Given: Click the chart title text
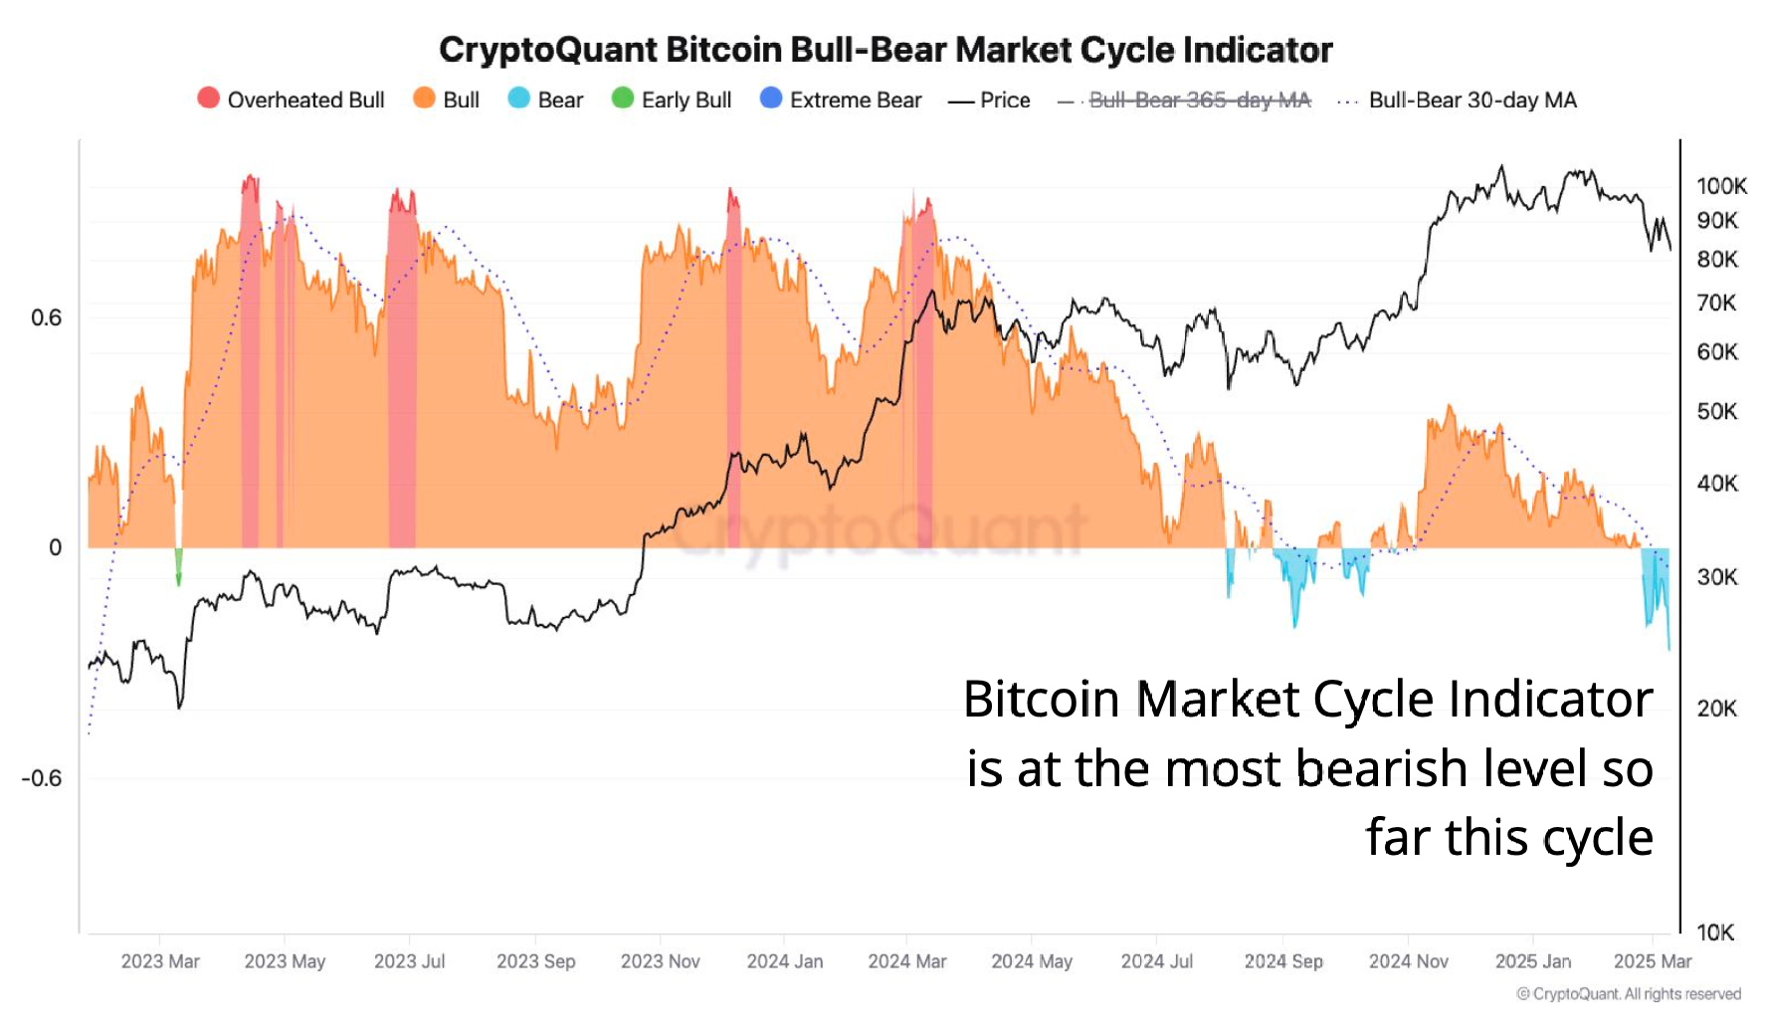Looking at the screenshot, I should [x=884, y=50].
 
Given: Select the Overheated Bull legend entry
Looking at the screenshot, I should [x=291, y=100].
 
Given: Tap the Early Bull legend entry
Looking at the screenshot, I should [x=672, y=100].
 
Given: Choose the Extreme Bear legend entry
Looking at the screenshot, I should [x=841, y=100].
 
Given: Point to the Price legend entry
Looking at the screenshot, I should [x=990, y=100].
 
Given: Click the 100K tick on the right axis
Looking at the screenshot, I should [x=1721, y=186].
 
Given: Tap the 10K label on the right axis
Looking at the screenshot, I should [x=1715, y=932].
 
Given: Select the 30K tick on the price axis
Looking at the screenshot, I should [x=1717, y=577].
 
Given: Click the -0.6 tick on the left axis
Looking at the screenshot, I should [x=41, y=778].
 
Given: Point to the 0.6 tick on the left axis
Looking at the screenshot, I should [x=46, y=317].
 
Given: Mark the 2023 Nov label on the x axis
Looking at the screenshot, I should [x=660, y=961].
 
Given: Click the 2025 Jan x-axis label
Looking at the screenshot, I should [x=1532, y=961].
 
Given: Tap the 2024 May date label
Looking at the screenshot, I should [x=1031, y=961].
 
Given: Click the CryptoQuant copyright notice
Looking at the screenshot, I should [x=1628, y=994].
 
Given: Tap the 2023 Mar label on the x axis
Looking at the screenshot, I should [x=160, y=961].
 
